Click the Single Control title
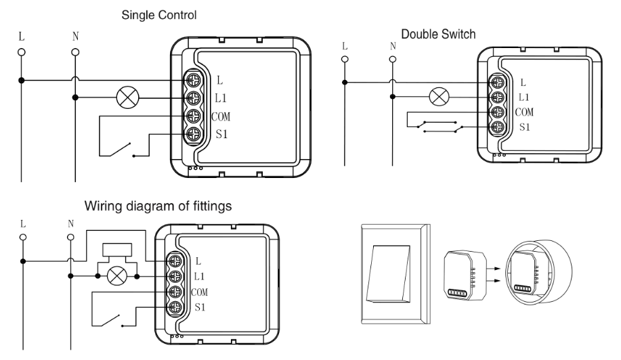coord(159,15)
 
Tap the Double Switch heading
coord(438,34)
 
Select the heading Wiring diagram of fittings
coord(158,206)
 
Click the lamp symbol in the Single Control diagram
coord(128,97)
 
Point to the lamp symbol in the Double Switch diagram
coord(440,97)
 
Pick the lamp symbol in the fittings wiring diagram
coord(118,276)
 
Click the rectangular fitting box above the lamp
coord(117,250)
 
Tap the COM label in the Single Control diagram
coord(221,116)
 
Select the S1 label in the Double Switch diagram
coord(524,127)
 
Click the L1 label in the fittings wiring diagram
coord(199,276)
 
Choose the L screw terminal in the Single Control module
coord(194,81)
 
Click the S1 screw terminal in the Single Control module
coord(194,134)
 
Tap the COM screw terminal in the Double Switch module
coord(498,112)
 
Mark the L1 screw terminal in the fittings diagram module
coord(175,276)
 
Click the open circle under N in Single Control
coord(75,52)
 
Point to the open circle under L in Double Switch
coord(345,60)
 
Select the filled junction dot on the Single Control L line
coord(22,81)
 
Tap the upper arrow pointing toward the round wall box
coord(493,269)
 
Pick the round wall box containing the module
coord(538,272)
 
